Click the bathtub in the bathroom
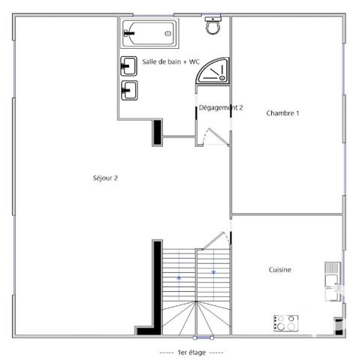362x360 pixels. tap(150, 33)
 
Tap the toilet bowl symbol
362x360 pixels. tap(213, 26)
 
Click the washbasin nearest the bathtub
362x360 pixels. tap(128, 66)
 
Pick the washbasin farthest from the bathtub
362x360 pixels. tap(128, 91)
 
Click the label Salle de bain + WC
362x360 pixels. tap(170, 62)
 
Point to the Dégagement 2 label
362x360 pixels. tap(221, 108)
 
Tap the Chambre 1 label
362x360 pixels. tap(283, 113)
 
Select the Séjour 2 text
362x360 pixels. tap(105, 178)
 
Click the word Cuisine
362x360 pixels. tap(280, 270)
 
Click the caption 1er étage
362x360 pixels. tap(192, 352)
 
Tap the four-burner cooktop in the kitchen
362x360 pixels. tap(284, 322)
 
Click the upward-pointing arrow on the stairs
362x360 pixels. tap(179, 277)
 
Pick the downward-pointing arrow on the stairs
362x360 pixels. tap(214, 271)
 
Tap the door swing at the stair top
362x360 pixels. tap(219, 239)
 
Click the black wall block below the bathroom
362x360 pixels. tap(158, 132)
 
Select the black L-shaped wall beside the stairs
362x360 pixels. tap(154, 292)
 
